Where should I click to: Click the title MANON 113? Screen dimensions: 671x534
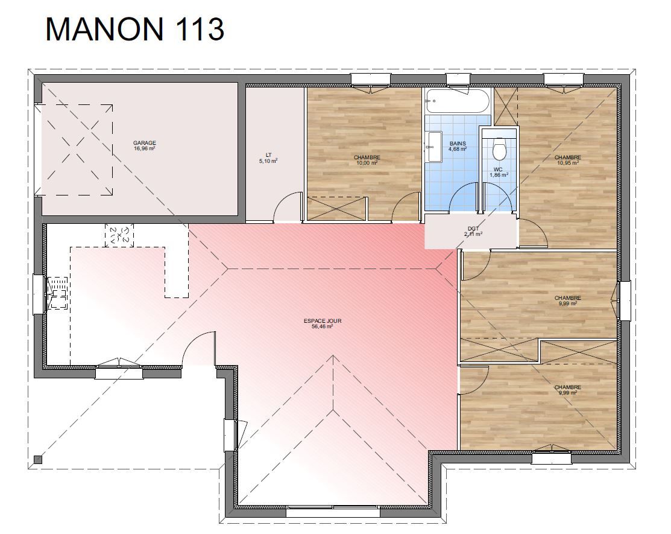click(134, 29)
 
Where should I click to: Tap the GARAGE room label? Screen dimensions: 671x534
click(144, 143)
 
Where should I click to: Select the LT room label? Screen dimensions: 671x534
click(268, 155)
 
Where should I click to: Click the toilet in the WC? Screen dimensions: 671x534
click(499, 148)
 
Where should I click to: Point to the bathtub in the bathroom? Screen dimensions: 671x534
click(457, 101)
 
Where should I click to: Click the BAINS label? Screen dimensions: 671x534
click(458, 144)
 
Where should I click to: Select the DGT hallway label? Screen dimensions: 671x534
click(473, 229)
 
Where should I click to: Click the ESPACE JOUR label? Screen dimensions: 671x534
click(322, 321)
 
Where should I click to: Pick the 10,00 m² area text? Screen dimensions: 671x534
click(367, 163)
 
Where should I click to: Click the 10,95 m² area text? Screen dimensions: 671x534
click(567, 163)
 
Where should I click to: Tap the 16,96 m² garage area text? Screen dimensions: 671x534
click(144, 148)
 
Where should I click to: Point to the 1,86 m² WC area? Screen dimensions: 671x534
click(499, 175)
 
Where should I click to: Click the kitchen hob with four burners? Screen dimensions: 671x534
click(119, 235)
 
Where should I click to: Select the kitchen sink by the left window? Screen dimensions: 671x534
click(57, 293)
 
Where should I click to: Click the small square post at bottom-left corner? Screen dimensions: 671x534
click(38, 460)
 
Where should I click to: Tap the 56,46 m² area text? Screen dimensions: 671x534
click(322, 326)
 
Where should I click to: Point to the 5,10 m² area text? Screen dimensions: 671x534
click(268, 161)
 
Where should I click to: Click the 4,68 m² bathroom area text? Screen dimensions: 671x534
click(458, 149)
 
